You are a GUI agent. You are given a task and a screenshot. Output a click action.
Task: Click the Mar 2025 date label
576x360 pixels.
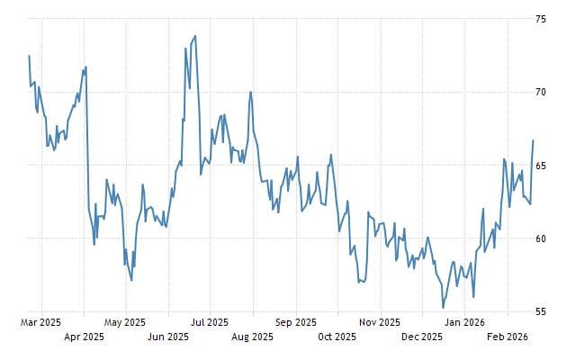[x=40, y=320]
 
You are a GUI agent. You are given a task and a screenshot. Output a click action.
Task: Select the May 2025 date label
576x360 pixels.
[x=125, y=320]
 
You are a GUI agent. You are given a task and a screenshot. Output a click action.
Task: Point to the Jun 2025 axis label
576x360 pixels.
[x=167, y=337]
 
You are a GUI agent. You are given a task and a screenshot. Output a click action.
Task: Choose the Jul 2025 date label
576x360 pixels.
[x=210, y=320]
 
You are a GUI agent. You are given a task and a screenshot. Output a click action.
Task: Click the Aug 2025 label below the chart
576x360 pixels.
[x=252, y=337]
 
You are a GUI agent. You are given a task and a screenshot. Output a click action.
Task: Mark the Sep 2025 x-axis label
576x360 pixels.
[x=295, y=320]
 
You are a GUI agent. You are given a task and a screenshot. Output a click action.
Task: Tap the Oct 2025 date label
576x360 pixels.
[x=337, y=337]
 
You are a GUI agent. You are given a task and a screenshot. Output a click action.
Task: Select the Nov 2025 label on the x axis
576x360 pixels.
[x=379, y=320]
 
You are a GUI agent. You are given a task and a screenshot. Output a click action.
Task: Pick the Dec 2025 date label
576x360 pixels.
[x=421, y=337]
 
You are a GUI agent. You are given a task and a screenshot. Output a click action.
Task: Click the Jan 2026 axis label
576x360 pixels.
[x=464, y=320]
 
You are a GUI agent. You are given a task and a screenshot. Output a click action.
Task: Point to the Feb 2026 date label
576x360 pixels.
[x=506, y=337]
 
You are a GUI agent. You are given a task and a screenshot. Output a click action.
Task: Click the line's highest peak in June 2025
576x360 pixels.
[x=195, y=36]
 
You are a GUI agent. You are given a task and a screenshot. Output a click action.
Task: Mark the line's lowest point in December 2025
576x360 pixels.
[x=443, y=308]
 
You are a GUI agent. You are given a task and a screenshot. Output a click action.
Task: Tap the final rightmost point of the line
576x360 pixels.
[x=533, y=140]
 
